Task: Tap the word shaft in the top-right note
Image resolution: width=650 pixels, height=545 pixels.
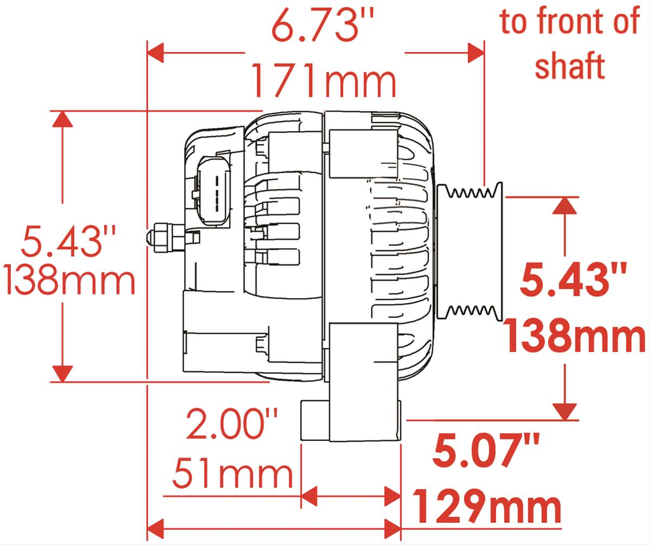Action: [570, 66]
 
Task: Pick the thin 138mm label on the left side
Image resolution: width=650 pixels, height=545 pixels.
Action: [69, 281]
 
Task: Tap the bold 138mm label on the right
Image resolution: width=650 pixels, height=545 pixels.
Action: [575, 336]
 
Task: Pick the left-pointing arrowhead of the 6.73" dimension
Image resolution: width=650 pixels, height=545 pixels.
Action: [156, 53]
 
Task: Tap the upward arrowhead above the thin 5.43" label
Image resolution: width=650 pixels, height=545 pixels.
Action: [63, 120]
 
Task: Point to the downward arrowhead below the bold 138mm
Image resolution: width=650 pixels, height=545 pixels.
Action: [565, 411]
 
